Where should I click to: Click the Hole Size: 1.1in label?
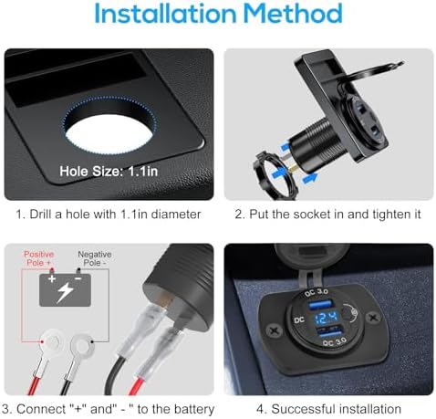pos(110,171)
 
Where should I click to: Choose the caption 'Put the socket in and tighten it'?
pos(326,215)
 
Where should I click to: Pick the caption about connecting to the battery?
pos(109,408)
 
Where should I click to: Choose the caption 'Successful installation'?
pos(325,408)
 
